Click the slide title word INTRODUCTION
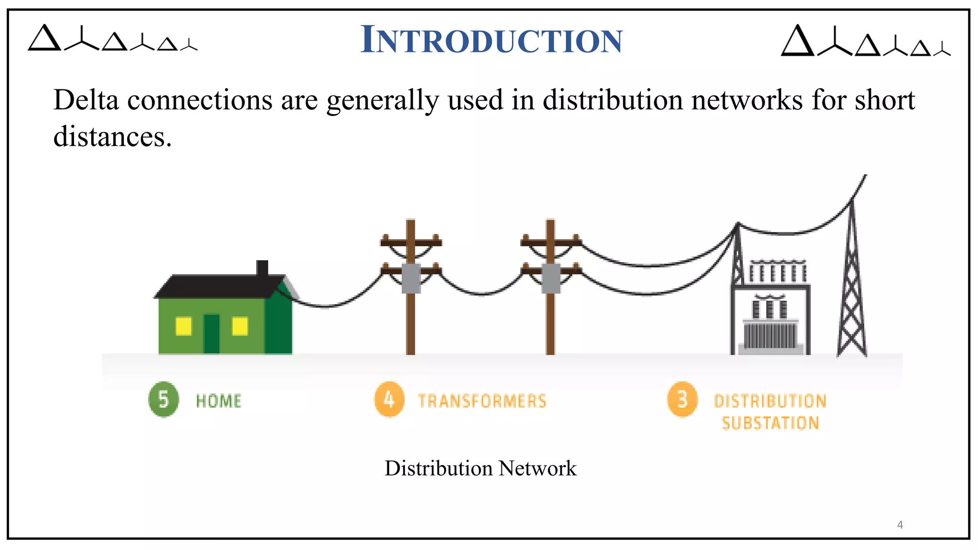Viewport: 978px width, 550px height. tap(491, 40)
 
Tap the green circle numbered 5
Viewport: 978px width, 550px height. tap(163, 399)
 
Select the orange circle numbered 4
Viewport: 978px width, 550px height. tap(389, 399)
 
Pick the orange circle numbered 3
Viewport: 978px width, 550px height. tap(682, 399)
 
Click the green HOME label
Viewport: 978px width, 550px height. tap(219, 401)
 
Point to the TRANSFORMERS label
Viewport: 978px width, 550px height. tap(482, 401)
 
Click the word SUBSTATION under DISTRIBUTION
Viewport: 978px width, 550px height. tap(770, 423)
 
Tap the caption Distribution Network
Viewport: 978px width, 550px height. tap(480, 468)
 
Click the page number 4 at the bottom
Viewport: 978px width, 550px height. tap(900, 525)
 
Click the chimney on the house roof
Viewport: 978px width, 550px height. tap(262, 268)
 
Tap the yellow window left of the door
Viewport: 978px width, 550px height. tap(183, 327)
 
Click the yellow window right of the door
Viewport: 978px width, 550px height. tap(240, 327)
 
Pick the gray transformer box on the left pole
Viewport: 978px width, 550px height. tap(411, 278)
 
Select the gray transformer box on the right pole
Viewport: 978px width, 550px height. tap(551, 278)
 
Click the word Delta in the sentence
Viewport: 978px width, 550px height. tap(86, 100)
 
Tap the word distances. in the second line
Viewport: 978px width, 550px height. tap(112, 137)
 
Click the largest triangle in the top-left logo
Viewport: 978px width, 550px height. tap(44, 39)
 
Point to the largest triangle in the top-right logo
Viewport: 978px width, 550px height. tap(797, 42)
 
